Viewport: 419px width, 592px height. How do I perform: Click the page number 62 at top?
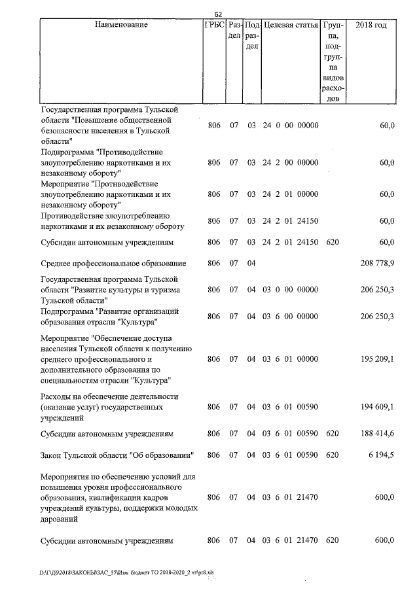pyautogui.click(x=219, y=12)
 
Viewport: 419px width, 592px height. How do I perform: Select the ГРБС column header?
pyautogui.click(x=214, y=25)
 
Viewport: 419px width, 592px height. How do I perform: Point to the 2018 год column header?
pyautogui.click(x=371, y=25)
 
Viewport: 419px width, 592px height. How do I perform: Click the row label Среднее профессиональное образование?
pyautogui.click(x=113, y=264)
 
